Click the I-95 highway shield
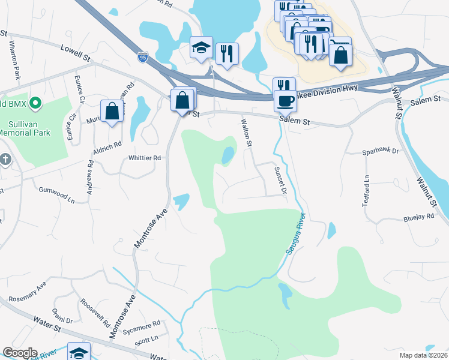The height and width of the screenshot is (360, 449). (142, 58)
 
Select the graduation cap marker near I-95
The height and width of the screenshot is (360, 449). (202, 49)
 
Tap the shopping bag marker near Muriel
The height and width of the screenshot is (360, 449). (112, 111)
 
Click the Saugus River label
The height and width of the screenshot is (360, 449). (296, 233)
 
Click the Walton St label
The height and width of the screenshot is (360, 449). (246, 132)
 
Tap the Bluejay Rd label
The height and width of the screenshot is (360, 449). (418, 217)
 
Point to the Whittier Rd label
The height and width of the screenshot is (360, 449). (145, 158)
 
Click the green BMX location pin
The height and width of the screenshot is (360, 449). (35, 103)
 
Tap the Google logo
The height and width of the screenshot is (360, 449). (20, 353)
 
